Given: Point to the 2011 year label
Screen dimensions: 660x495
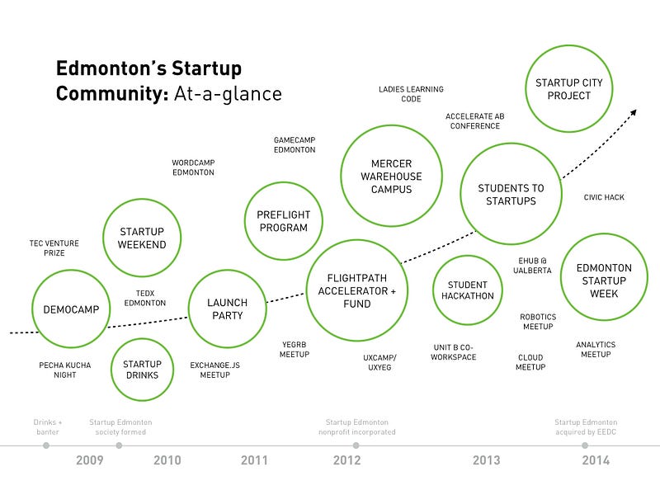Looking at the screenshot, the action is [x=254, y=460].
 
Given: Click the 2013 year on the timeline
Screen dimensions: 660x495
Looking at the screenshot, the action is [x=486, y=460].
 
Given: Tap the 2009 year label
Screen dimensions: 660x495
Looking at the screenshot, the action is [x=90, y=460].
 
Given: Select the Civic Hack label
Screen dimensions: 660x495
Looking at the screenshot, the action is [x=604, y=197].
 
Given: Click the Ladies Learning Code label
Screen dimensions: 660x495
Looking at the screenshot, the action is [x=411, y=94].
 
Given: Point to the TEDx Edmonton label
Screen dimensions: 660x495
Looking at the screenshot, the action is [x=145, y=298].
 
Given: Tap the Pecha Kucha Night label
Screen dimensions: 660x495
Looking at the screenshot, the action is [x=65, y=370].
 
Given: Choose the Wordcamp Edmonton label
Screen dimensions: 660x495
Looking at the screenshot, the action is [x=193, y=167].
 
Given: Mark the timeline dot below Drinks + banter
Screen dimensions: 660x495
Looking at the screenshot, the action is [x=46, y=445].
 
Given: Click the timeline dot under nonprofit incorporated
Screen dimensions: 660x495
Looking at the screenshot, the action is [x=356, y=445].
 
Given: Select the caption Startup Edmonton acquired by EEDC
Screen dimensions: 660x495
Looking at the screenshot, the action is [x=586, y=427].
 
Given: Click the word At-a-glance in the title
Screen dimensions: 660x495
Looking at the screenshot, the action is [x=228, y=93].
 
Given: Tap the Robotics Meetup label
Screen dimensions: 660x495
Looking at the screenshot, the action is [x=538, y=322].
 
